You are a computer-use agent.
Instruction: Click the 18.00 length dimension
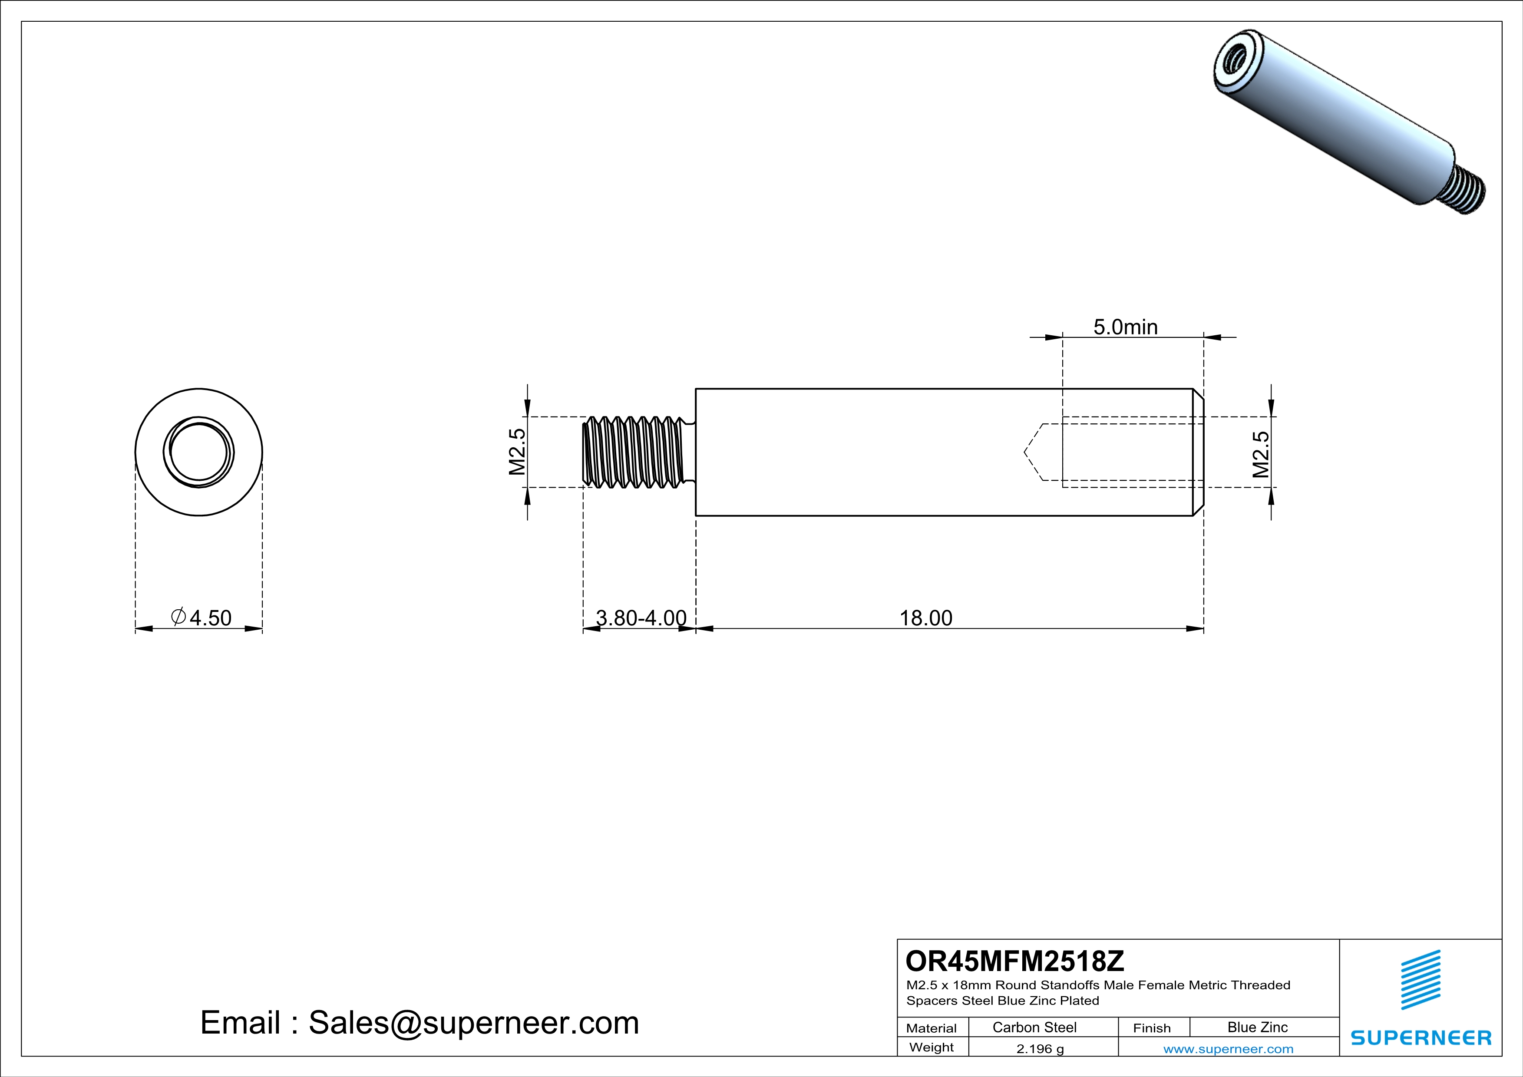pos(925,618)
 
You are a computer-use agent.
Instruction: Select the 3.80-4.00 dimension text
pos(641,618)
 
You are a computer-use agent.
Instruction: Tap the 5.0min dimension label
pos(1125,327)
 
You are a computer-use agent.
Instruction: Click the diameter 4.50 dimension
pos(202,618)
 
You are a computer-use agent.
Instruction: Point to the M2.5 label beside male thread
pos(517,452)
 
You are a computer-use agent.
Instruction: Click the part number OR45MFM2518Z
pos(1015,961)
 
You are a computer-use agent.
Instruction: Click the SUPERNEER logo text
pos(1421,1038)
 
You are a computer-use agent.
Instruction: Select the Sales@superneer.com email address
pos(474,1023)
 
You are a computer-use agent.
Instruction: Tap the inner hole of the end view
pos(198,452)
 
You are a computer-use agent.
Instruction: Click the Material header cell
pos(932,1028)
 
